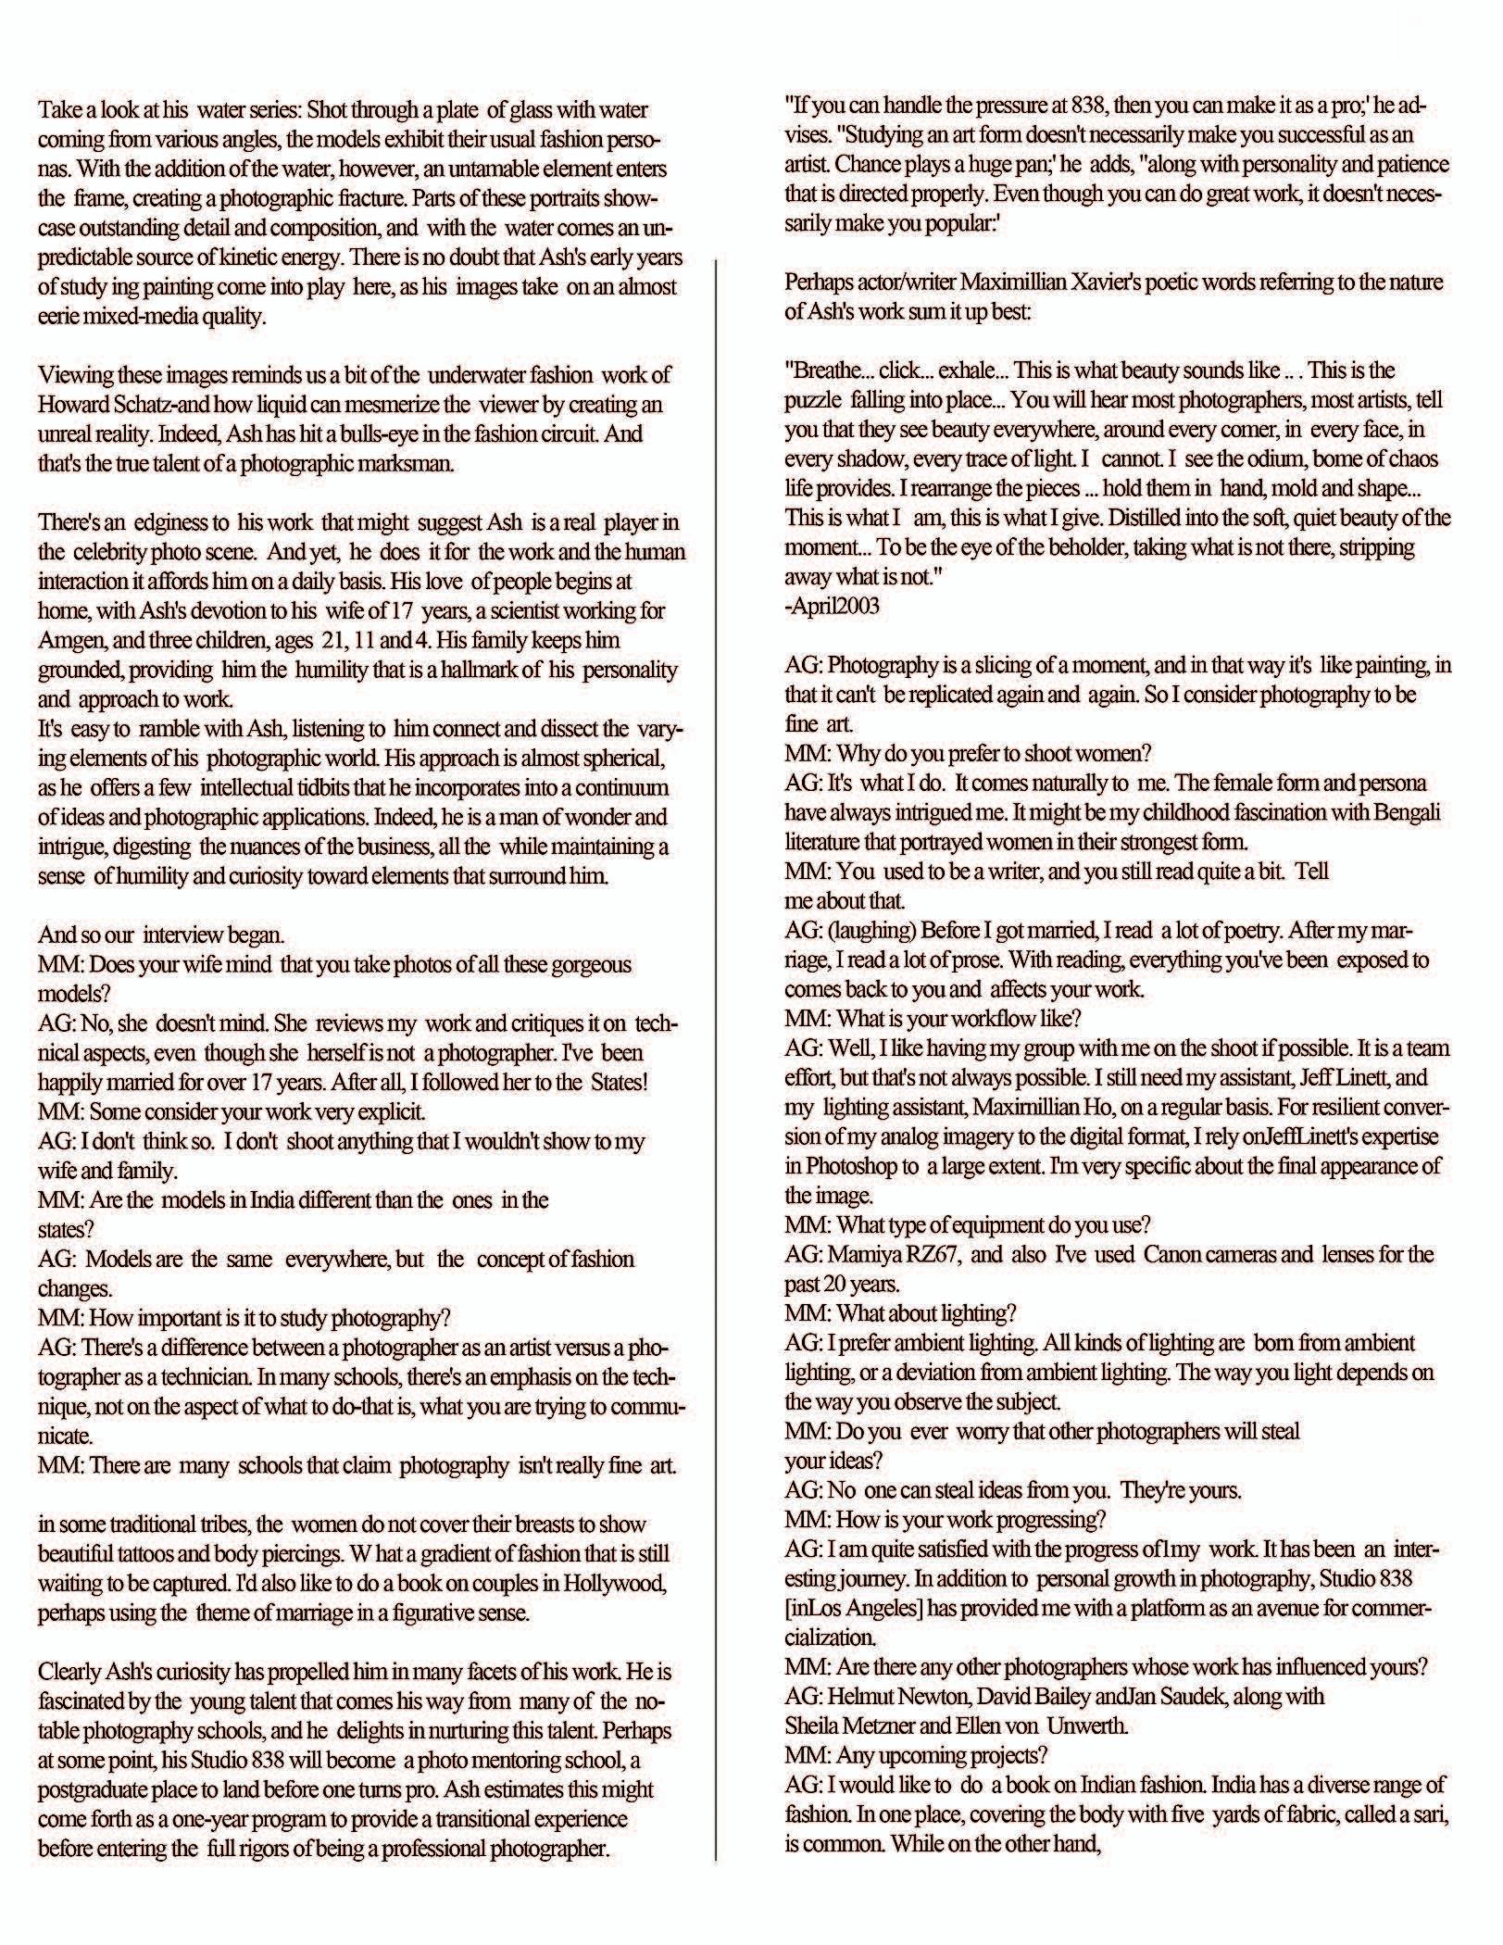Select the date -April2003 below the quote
[x=832, y=607]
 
